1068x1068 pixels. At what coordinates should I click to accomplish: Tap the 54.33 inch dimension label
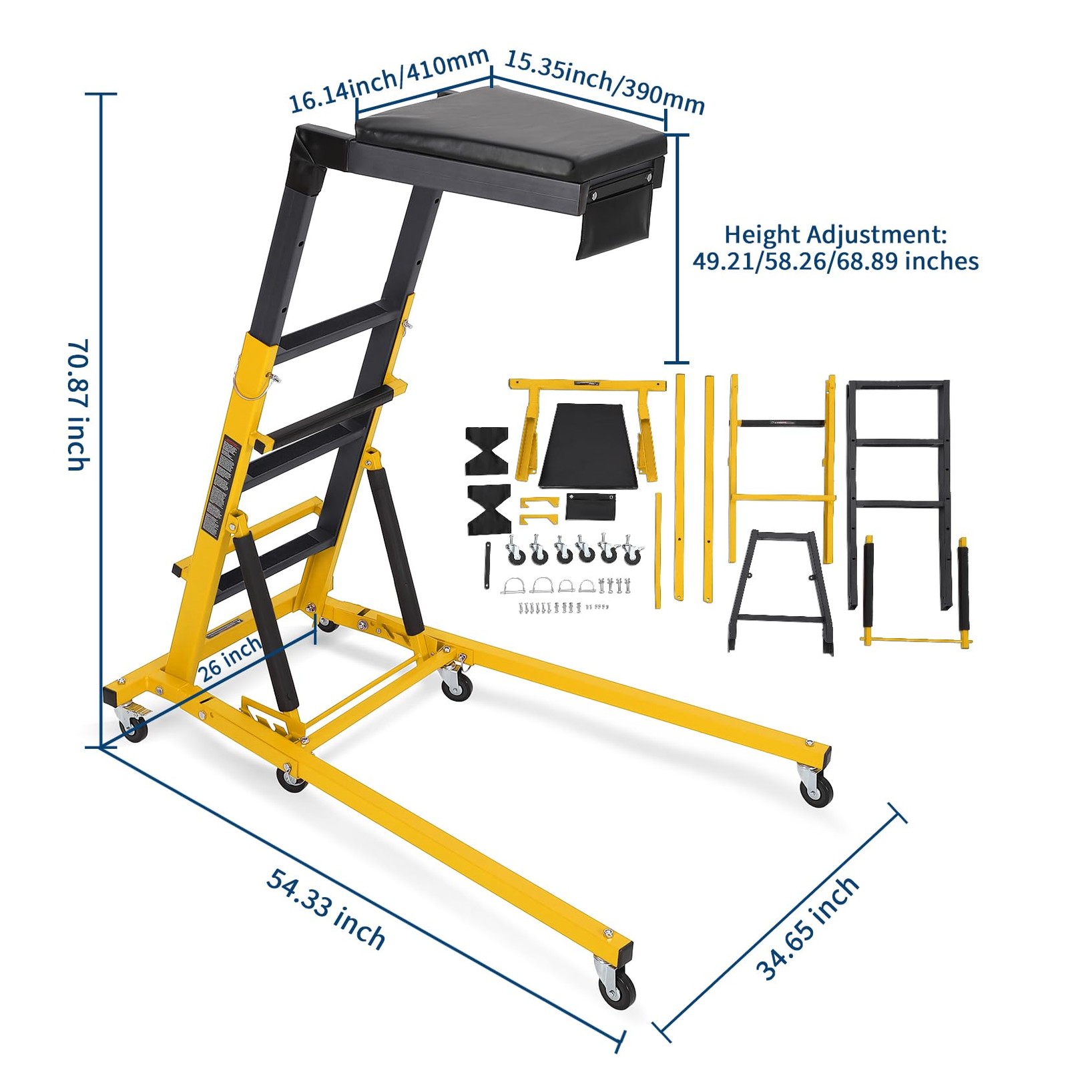pos(326,908)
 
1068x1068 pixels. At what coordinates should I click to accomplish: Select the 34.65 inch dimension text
pos(808,928)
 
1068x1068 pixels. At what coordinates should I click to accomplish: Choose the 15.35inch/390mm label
pos(604,81)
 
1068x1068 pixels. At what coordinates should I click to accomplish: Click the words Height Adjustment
pos(835,235)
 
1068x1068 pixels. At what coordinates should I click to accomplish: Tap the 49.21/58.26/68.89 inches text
pos(835,261)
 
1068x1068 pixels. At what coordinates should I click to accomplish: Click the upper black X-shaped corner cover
pos(487,449)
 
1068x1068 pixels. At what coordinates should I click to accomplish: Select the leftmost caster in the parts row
pos(513,551)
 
